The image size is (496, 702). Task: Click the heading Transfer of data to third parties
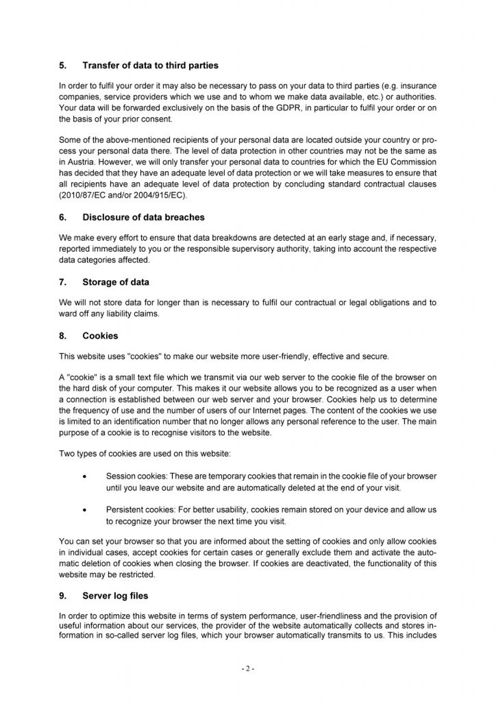click(x=150, y=65)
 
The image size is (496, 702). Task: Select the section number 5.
click(x=62, y=65)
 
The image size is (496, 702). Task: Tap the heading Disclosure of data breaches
click(x=143, y=217)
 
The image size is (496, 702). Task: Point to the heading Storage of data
click(x=116, y=282)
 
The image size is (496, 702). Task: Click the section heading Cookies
click(x=100, y=335)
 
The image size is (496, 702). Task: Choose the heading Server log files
click(x=115, y=596)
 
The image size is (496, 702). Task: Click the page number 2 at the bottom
click(x=248, y=669)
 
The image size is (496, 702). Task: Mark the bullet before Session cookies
click(x=85, y=477)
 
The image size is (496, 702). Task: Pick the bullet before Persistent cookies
click(x=85, y=511)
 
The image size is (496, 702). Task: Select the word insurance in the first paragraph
click(x=418, y=86)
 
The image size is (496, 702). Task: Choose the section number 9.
click(x=62, y=596)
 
